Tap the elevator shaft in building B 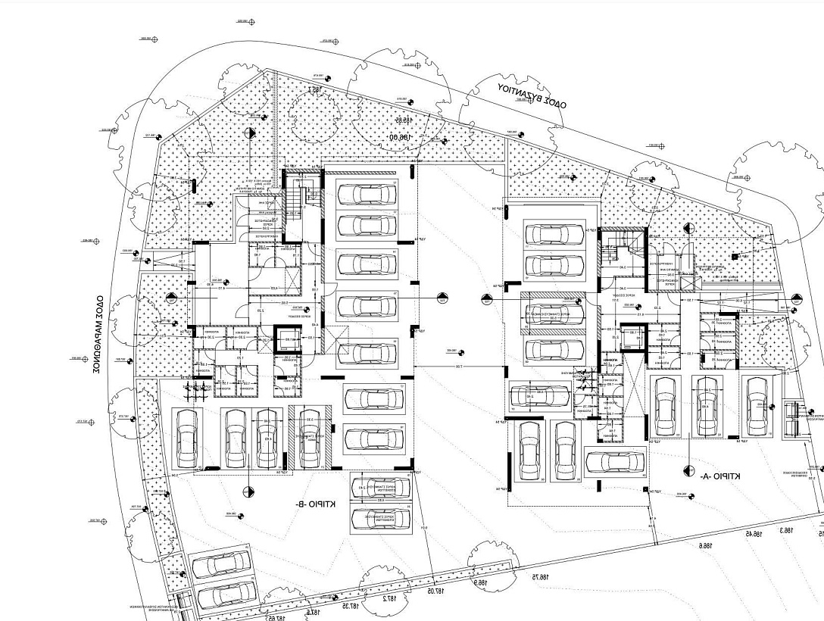(287, 343)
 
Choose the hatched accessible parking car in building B (309, 439)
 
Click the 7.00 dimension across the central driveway (459, 367)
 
